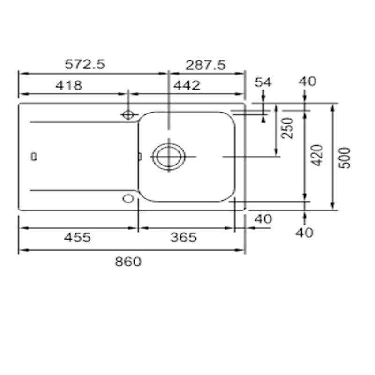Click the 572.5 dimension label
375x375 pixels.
pos(85,64)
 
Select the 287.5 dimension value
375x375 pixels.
pos(205,65)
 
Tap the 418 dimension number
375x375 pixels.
pos(69,85)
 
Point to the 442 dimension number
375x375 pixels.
pos(187,85)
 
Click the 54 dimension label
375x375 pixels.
pos(263,82)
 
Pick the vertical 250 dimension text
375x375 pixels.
pos(287,128)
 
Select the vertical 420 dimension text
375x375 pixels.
pos(318,155)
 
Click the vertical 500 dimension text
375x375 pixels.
pos(345,158)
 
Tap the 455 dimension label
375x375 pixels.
pos(77,238)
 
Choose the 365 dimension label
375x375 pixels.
pos(183,238)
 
